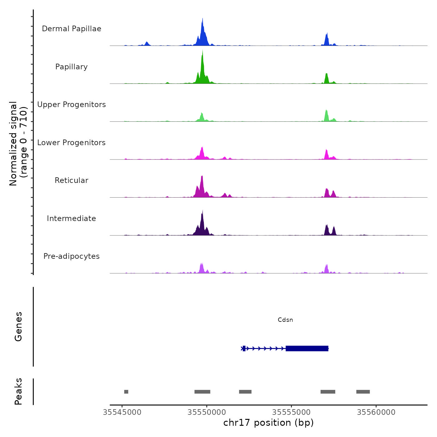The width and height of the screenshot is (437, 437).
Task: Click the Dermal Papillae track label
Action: coord(71,29)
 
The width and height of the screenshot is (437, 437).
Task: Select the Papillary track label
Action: coord(71,67)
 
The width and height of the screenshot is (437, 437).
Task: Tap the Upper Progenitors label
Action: coord(71,105)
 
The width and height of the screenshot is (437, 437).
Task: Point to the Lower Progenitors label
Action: coord(71,143)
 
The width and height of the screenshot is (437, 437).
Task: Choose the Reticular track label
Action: coord(71,180)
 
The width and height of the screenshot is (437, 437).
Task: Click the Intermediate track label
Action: coord(71,219)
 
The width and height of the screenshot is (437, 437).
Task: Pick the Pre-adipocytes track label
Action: coord(71,256)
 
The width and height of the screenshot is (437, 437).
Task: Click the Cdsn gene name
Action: coord(285,320)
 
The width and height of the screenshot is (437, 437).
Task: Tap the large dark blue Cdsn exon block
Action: coord(307,348)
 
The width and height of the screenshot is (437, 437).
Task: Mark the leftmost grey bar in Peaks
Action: coord(126,392)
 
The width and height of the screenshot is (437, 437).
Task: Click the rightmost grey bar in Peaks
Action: coord(363,392)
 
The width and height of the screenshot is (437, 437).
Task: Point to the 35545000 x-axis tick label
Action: coord(122,412)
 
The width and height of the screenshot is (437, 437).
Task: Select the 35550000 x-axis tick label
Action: coord(207,412)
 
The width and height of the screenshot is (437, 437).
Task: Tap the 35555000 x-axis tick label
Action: coord(292,412)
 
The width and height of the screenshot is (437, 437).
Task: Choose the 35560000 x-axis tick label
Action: coord(376,412)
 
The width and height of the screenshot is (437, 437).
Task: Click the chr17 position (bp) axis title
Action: coord(268,423)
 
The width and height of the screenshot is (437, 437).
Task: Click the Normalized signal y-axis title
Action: coord(18,144)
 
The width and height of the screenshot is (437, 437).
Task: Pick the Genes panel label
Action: coord(18,327)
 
